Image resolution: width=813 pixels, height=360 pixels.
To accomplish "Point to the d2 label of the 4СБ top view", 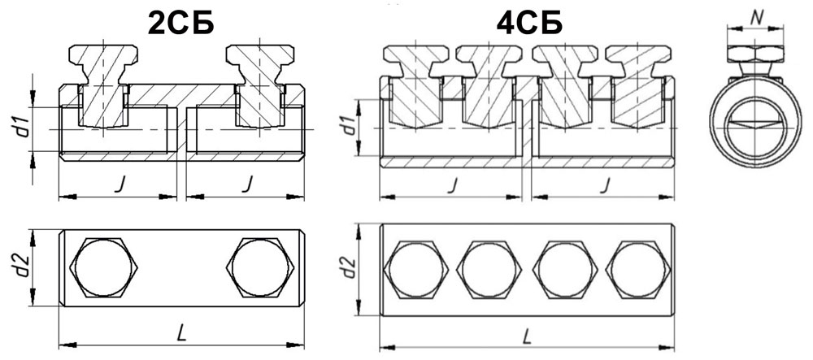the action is coord(350,267).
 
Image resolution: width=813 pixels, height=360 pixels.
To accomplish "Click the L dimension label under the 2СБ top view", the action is coord(181,334).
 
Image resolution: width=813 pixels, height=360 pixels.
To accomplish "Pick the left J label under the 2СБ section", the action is coord(119,184).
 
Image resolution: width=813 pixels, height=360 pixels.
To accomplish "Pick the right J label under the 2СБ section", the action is coord(248,184).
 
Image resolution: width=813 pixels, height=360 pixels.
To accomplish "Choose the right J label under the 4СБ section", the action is coord(603,184).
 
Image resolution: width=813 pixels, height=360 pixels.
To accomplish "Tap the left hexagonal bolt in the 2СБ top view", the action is coord(104,268).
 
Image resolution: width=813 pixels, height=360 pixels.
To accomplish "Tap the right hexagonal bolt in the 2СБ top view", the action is coord(260,268).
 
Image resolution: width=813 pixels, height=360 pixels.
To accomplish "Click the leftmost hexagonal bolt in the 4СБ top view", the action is coord(415,270).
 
